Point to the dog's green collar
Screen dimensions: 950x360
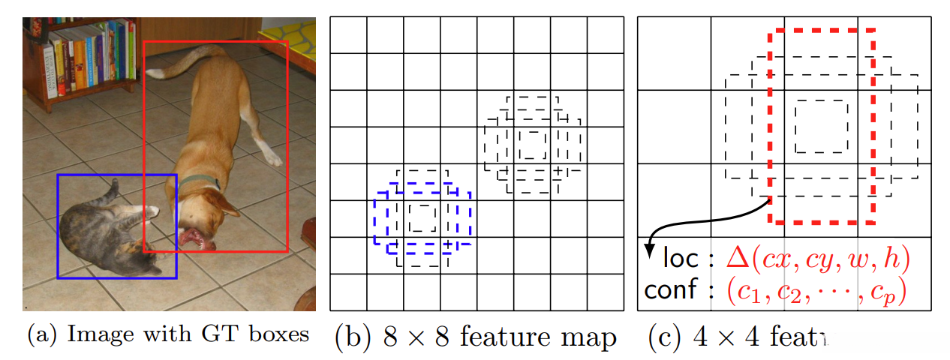[199, 181]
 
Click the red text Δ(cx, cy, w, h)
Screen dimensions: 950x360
[818, 259]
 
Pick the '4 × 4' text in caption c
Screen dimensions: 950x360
[724, 337]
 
